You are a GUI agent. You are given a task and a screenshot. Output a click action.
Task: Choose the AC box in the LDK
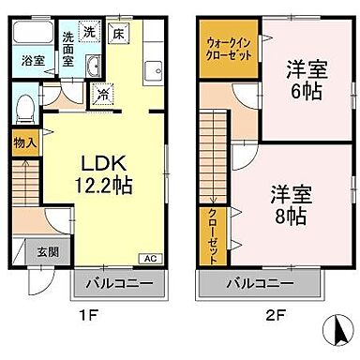pyautogui.click(x=149, y=258)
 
